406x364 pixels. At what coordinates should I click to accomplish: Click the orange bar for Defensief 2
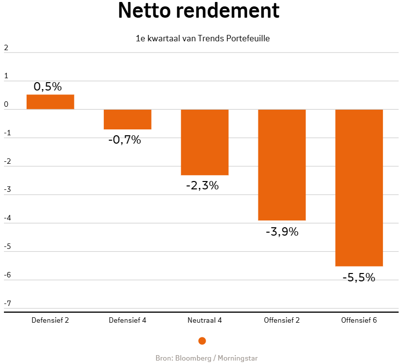pyautogui.click(x=50, y=102)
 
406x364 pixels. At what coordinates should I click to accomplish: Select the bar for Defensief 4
pyautogui.click(x=127, y=120)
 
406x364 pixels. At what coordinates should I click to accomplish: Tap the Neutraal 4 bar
pyautogui.click(x=205, y=142)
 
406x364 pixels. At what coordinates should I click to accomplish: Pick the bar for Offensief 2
pyautogui.click(x=282, y=165)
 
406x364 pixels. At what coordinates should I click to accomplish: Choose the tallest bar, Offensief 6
pyautogui.click(x=359, y=187)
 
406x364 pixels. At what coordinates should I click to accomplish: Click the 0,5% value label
pyautogui.click(x=48, y=87)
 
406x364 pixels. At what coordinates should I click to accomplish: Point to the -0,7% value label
pyautogui.click(x=125, y=140)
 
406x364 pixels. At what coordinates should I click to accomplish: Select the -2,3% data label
pyautogui.click(x=202, y=186)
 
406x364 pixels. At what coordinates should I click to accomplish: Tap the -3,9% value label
pyautogui.click(x=282, y=231)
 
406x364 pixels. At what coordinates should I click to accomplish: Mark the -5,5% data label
pyautogui.click(x=359, y=277)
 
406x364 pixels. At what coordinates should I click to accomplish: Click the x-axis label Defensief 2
pyautogui.click(x=50, y=320)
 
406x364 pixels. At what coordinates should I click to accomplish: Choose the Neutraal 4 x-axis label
pyautogui.click(x=205, y=320)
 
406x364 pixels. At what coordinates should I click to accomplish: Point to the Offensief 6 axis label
pyautogui.click(x=359, y=320)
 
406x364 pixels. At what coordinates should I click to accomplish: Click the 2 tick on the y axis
pyautogui.click(x=6, y=48)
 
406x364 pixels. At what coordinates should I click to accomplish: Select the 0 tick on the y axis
pyautogui.click(x=6, y=105)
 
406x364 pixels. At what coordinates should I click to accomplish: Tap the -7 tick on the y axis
pyautogui.click(x=7, y=303)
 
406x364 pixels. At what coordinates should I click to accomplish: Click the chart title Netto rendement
pyautogui.click(x=199, y=11)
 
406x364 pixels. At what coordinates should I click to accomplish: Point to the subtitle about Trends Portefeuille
pyautogui.click(x=203, y=38)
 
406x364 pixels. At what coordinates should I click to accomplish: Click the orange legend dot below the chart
pyautogui.click(x=202, y=341)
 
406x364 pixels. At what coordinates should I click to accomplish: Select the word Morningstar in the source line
pyautogui.click(x=238, y=358)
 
